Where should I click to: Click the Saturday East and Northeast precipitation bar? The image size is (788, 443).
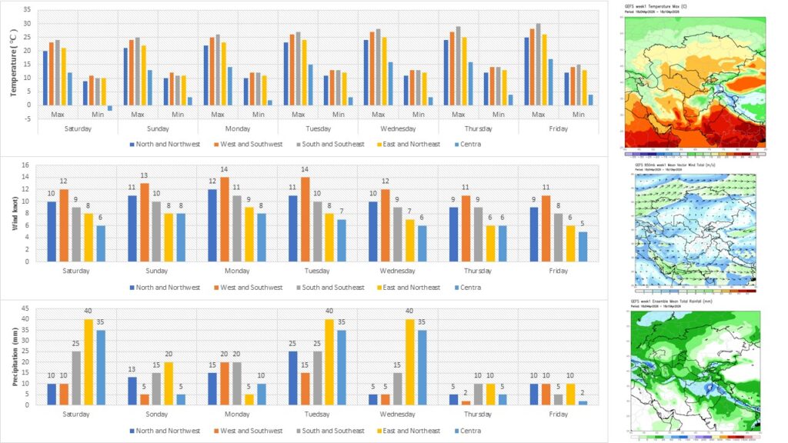(88, 361)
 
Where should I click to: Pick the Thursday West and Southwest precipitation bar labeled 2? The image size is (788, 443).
(466, 402)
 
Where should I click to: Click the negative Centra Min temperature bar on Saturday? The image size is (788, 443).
(110, 108)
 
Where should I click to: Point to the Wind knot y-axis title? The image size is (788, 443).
(15, 212)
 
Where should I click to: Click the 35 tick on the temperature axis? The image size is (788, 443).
(27, 11)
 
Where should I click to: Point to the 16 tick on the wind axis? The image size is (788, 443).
(27, 165)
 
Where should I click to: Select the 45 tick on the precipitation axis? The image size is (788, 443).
(27, 309)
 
